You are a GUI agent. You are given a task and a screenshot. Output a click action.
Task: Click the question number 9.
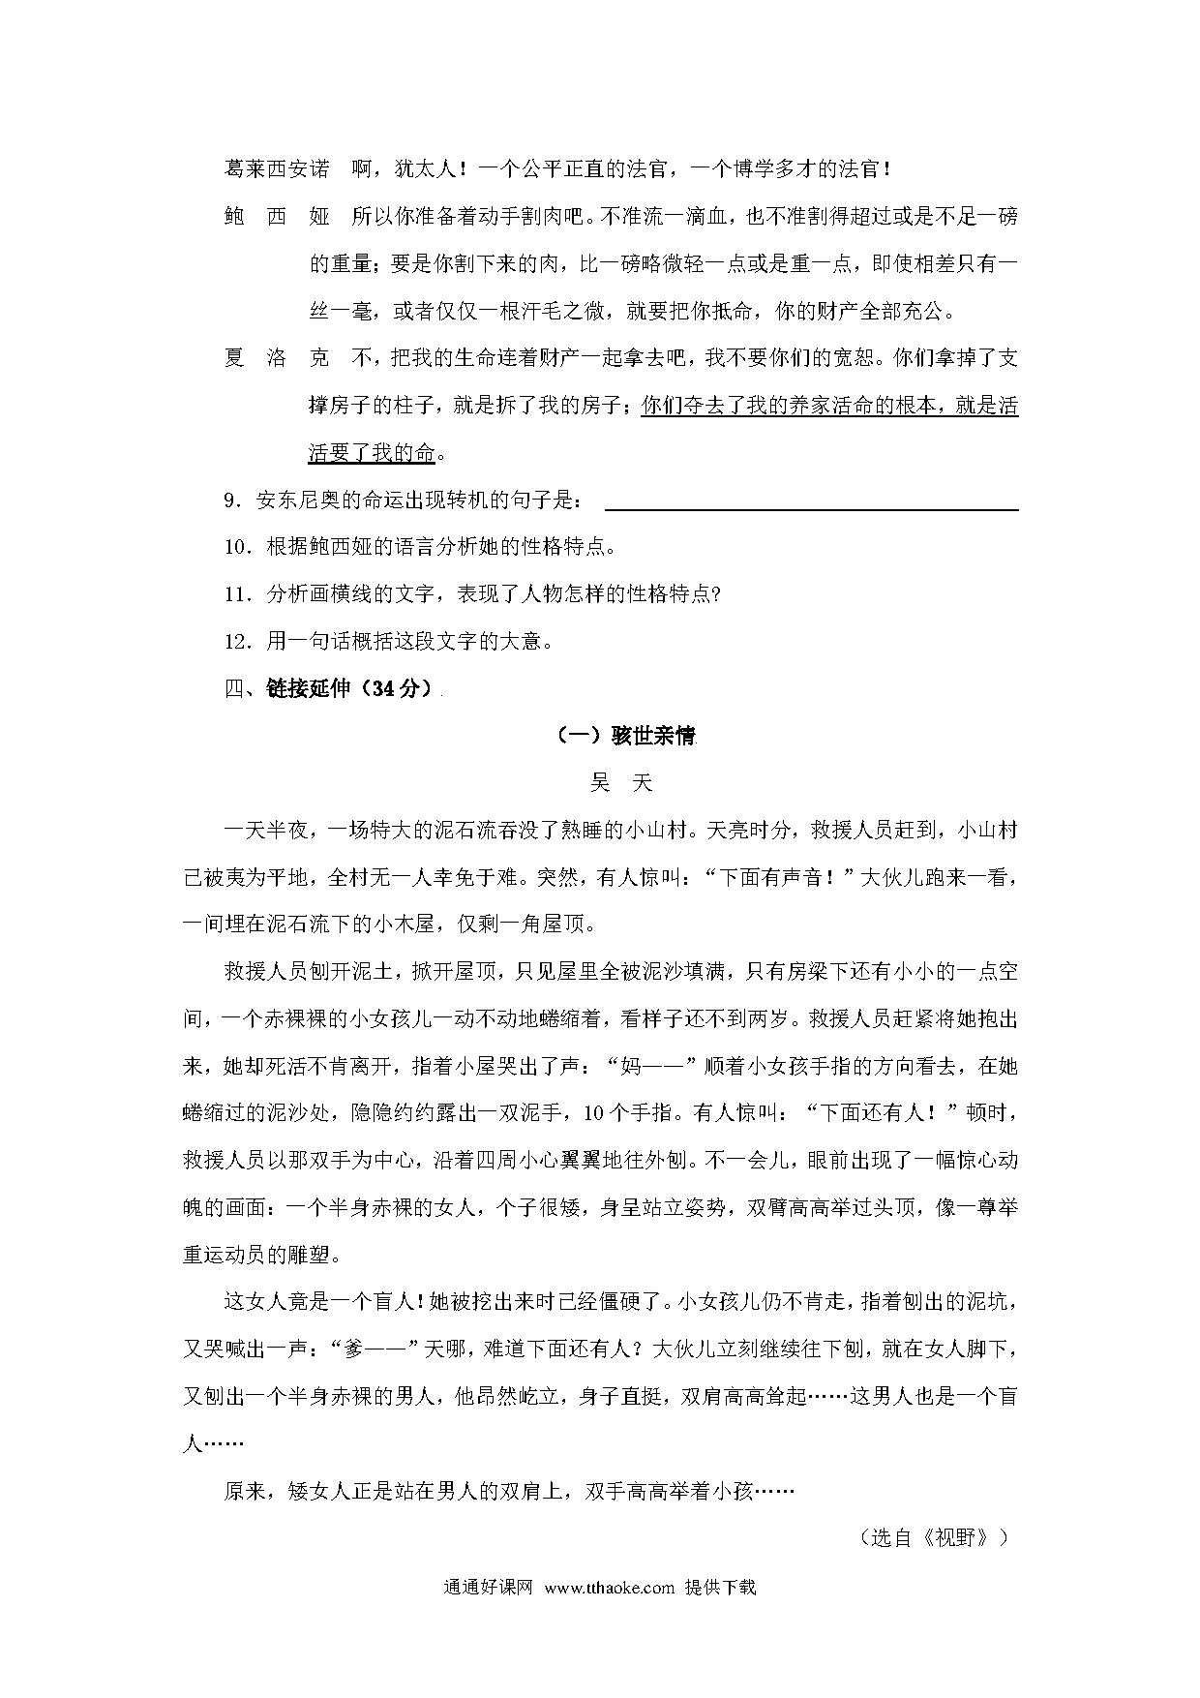tap(231, 500)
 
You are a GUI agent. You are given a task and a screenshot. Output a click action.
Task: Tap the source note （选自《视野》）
tap(934, 1537)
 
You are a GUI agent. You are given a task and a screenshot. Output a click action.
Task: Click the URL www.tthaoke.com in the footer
tap(609, 1588)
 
